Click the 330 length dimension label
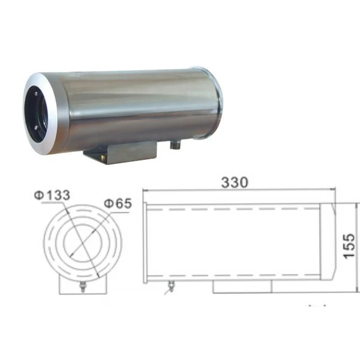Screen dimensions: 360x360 [x=236, y=183]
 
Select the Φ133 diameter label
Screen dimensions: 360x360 [x=52, y=195]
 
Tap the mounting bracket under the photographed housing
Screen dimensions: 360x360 [x=119, y=152]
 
